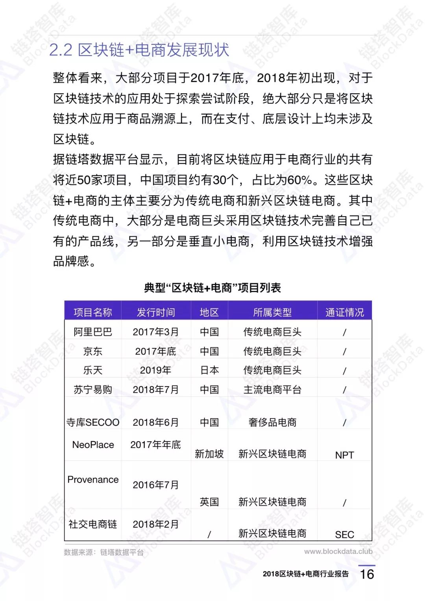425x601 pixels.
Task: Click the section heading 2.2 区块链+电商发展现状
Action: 139,50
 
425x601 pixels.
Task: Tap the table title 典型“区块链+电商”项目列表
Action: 213,288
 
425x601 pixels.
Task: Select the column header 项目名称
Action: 93,312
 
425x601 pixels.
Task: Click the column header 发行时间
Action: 156,312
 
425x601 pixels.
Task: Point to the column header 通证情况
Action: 344,312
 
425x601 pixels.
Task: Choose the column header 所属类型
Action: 272,312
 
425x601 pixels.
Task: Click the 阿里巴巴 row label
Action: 93,332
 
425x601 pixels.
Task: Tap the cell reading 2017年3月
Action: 156,332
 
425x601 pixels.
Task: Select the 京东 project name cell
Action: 93,351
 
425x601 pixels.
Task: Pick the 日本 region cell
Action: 209,370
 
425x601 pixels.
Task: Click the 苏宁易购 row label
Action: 93,389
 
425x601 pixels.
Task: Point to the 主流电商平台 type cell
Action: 272,389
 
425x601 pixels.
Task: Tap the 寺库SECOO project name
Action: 93,422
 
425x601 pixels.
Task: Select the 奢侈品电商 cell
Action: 272,422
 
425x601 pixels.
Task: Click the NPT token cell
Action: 344,455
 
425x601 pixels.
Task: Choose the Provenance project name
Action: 93,479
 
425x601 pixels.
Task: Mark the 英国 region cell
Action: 209,501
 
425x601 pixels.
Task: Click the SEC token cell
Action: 344,534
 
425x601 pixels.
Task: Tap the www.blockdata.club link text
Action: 338,551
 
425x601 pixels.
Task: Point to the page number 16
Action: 367,574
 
